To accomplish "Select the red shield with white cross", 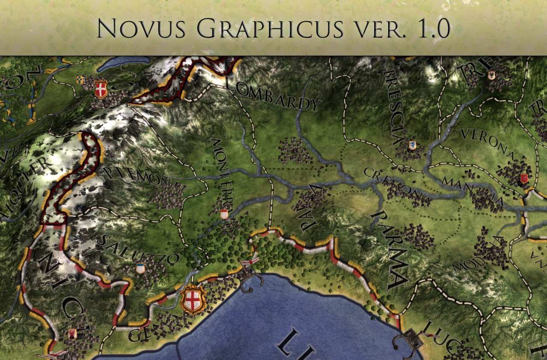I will tap(101, 89).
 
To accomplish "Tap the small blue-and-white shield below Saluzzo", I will tap(140, 268).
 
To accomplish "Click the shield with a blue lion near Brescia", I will tap(412, 145).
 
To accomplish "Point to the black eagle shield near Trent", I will tap(491, 76).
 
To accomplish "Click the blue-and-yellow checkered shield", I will tap(80, 79).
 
